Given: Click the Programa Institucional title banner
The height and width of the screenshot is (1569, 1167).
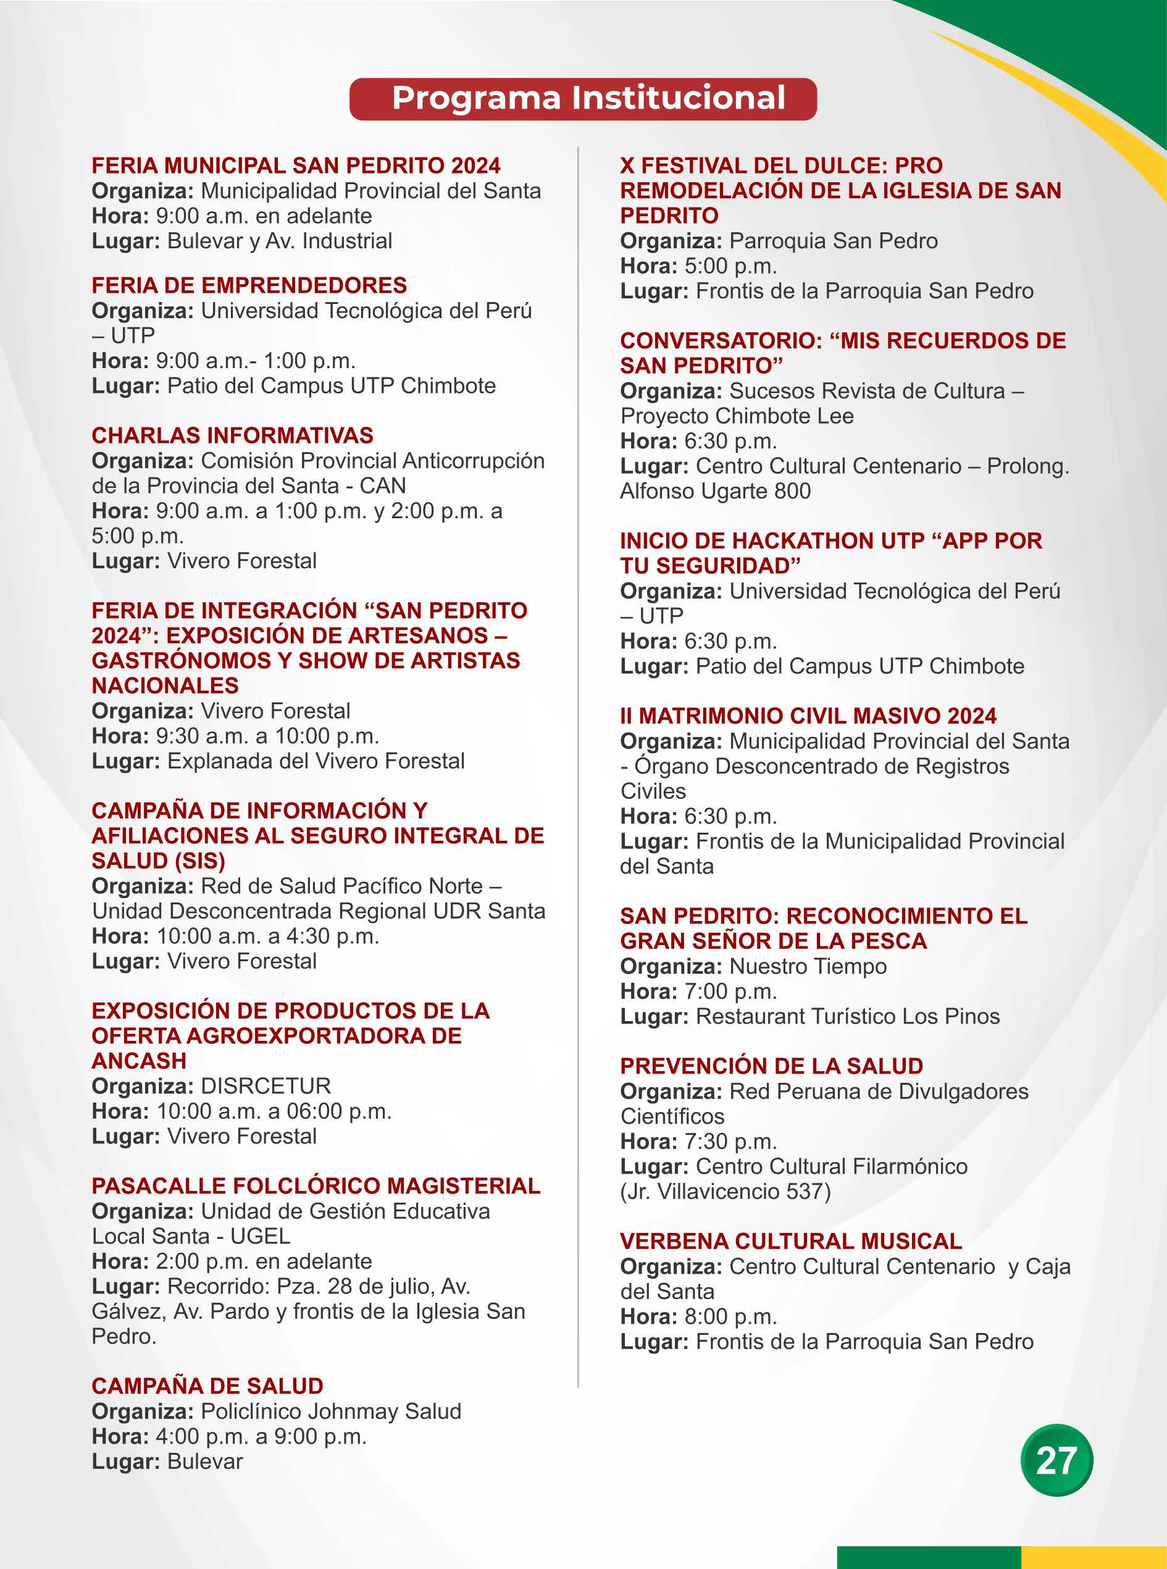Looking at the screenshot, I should [x=583, y=98].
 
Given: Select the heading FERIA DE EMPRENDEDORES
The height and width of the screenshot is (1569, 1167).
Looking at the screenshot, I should [x=249, y=285].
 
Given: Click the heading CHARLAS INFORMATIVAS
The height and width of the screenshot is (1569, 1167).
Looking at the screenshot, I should [x=232, y=435].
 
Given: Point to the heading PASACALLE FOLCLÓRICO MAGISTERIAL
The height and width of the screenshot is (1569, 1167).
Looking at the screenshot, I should [x=316, y=1186].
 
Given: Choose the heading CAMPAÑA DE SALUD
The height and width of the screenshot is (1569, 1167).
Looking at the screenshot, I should [x=207, y=1386].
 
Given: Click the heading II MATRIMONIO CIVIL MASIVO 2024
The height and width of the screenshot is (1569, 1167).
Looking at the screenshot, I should [x=808, y=716].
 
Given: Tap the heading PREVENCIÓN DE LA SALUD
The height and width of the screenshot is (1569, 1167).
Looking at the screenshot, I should [x=771, y=1067].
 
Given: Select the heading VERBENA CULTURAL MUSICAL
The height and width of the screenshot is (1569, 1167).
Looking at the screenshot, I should [x=790, y=1242].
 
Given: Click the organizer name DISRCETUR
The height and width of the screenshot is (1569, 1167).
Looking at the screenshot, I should [x=266, y=1087].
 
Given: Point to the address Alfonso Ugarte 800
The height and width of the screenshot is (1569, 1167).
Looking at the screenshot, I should [x=715, y=491].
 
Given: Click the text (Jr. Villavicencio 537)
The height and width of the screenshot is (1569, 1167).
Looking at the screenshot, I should [x=725, y=1192].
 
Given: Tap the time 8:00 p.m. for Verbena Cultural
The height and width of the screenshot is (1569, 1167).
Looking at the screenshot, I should [x=730, y=1318].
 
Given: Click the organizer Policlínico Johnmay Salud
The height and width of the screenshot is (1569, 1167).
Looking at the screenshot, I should [x=330, y=1411].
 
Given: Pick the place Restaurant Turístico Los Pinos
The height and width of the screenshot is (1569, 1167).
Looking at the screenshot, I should [x=848, y=1017].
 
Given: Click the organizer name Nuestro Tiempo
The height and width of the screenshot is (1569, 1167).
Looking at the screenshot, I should [x=808, y=967].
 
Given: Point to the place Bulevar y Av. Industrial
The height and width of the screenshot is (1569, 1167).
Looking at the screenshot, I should [x=279, y=242].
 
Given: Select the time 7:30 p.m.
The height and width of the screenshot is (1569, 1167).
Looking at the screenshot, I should [x=730, y=1142].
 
